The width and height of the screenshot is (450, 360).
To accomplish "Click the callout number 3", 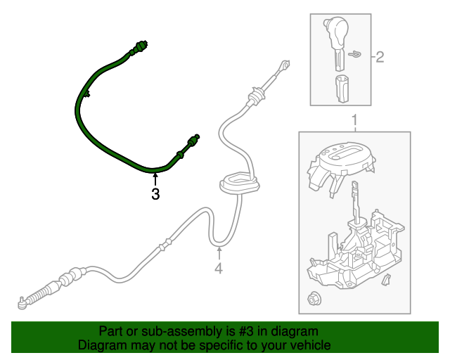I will [155, 195].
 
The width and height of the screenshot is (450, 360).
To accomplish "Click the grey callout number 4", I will [219, 269].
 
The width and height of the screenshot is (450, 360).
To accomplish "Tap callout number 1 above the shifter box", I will [354, 120].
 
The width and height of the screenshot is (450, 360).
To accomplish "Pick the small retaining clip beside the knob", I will [357, 54].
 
